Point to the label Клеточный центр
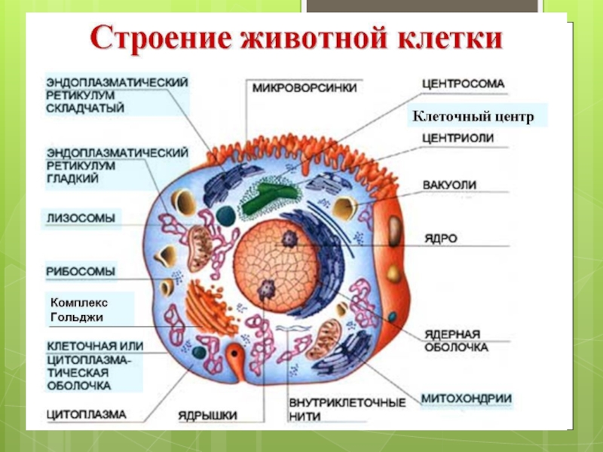click(472, 117)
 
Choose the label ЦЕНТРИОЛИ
click(458, 138)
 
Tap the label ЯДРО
click(440, 238)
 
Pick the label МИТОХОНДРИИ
click(467, 399)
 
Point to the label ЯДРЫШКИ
click(208, 414)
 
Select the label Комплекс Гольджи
click(78, 310)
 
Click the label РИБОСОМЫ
click(81, 270)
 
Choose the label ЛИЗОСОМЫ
click(81, 219)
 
